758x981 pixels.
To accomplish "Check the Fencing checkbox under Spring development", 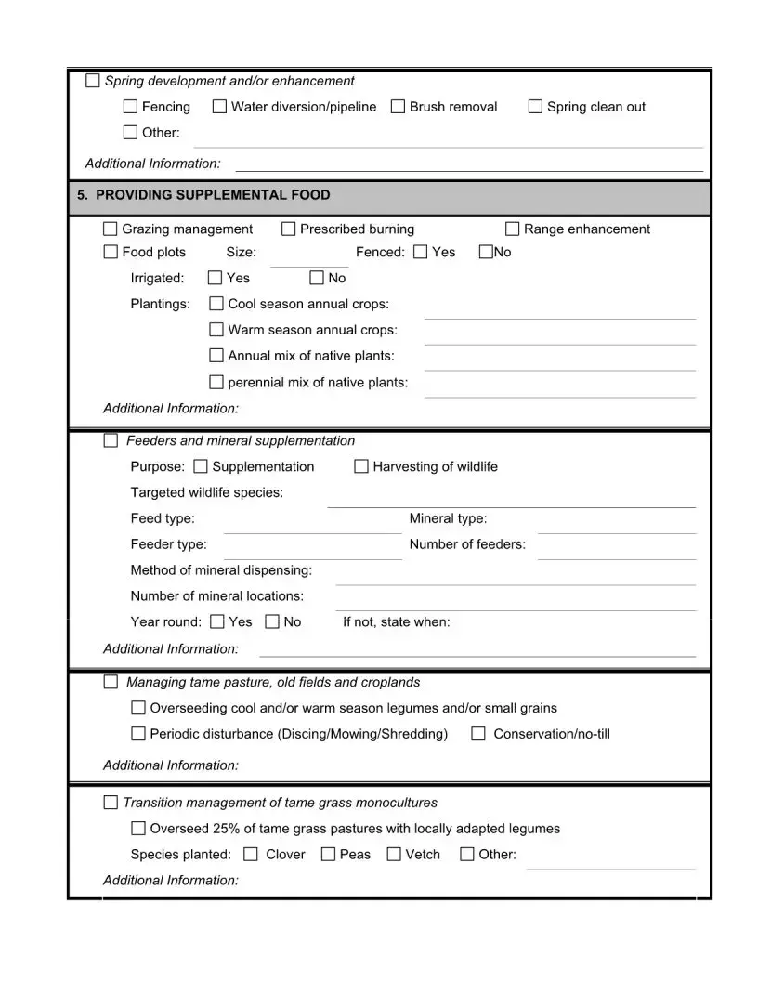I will pos(130,107).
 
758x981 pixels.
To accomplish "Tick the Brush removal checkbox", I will pos(398,107).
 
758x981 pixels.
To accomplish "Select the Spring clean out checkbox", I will pos(535,107).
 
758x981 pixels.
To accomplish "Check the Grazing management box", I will pos(111,229).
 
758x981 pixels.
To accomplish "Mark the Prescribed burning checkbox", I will pos(288,229).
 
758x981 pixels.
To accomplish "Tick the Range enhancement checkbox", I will pos(512,229).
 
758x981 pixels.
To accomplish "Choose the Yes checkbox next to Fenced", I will pos(420,252).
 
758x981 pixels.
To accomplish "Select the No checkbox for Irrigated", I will pos(317,278).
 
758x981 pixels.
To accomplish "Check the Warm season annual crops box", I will pos(216,330).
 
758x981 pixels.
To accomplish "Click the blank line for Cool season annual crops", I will pos(559,313).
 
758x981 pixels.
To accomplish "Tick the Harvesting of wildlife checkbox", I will pos(361,466).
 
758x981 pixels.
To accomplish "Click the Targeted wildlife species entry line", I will pos(511,502).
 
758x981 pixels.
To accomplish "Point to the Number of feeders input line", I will pos(616,554).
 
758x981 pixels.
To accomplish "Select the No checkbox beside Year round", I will pos(272,621).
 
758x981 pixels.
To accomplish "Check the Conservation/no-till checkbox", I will pos(478,734).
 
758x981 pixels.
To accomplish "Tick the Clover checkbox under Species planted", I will pos(251,855).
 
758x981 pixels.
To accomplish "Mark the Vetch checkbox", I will pos(394,855).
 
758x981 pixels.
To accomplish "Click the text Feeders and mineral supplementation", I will pos(241,440).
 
